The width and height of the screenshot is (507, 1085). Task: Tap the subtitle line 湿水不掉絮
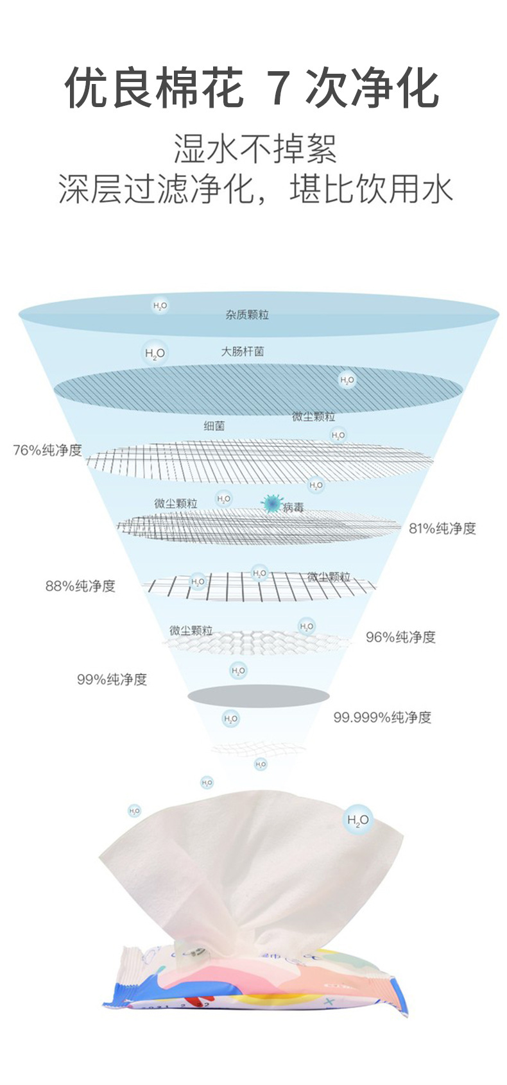pyautogui.click(x=255, y=149)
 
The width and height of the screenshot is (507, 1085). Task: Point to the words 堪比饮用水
pyautogui.click(x=371, y=189)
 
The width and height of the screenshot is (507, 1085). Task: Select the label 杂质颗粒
pyautogui.click(x=247, y=315)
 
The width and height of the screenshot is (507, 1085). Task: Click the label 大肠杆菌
pyautogui.click(x=243, y=351)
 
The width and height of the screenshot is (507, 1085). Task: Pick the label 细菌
pyautogui.click(x=214, y=426)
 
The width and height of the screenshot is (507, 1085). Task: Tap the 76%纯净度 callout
pyautogui.click(x=48, y=450)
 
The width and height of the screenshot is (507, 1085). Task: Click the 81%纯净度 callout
pyautogui.click(x=442, y=528)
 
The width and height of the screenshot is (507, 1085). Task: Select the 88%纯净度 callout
pyautogui.click(x=80, y=585)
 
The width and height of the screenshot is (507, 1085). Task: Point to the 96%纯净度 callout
pyautogui.click(x=400, y=637)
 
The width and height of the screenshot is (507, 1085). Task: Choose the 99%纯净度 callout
pyautogui.click(x=112, y=679)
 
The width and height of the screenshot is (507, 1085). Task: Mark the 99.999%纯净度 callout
pyautogui.click(x=382, y=717)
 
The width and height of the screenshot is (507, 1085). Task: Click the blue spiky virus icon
pyautogui.click(x=273, y=504)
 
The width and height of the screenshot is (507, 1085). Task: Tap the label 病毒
pyautogui.click(x=293, y=508)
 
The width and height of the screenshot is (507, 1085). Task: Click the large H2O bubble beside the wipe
pyautogui.click(x=357, y=820)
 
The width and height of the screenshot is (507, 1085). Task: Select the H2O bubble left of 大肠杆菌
pyautogui.click(x=155, y=353)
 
